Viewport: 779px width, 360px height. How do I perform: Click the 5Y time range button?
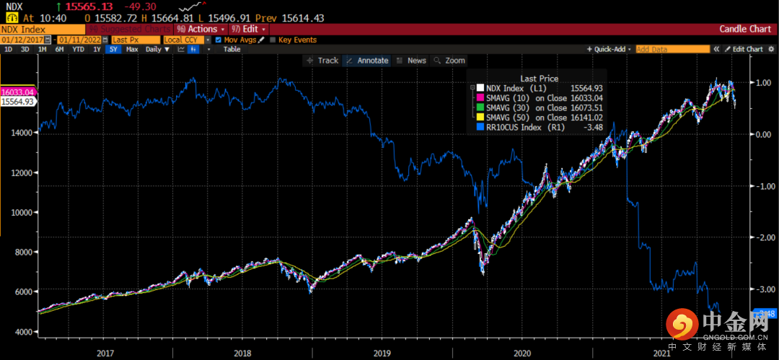click(x=113, y=49)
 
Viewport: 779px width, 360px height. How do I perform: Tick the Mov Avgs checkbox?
click(x=219, y=40)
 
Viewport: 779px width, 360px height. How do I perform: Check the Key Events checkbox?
click(x=273, y=40)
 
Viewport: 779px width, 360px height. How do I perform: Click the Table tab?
click(x=232, y=49)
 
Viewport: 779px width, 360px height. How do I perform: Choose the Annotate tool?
click(x=367, y=61)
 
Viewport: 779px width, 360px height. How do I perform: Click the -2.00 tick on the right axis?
click(x=763, y=237)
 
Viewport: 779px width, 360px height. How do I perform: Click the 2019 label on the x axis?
click(x=382, y=354)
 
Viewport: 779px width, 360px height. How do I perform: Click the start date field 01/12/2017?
click(x=25, y=40)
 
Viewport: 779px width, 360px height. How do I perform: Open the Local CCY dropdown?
click(x=183, y=40)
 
